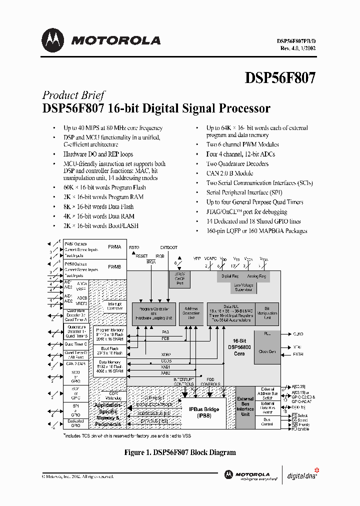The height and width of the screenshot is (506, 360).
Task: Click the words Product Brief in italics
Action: pyautogui.click(x=73, y=95)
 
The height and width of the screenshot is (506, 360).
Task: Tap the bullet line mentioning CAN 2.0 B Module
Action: pyautogui.click(x=230, y=173)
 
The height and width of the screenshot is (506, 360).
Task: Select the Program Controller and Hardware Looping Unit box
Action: pyautogui.click(x=154, y=314)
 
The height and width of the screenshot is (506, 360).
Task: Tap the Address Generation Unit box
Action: pyautogui.click(x=191, y=314)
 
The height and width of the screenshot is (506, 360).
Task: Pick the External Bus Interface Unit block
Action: pyautogui.click(x=245, y=407)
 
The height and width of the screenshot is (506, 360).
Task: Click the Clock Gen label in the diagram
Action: pyautogui.click(x=267, y=351)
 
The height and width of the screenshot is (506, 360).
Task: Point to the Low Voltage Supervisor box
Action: pyautogui.click(x=243, y=287)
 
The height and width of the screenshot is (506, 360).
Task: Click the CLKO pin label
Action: pyautogui.click(x=298, y=333)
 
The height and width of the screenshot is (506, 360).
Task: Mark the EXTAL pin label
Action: pyautogui.click(x=298, y=354)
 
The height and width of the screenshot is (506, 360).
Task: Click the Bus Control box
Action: pyautogui.click(x=267, y=422)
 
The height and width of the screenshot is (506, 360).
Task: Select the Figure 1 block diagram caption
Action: pyautogui.click(x=179, y=452)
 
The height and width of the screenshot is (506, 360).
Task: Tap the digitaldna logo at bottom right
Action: pyautogui.click(x=301, y=475)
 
